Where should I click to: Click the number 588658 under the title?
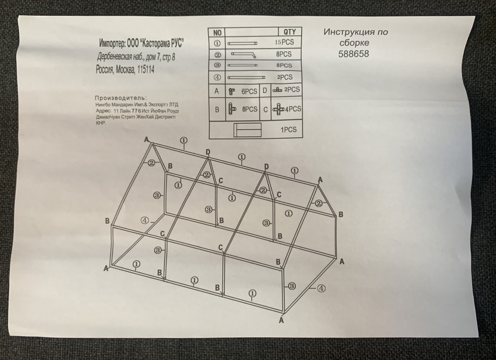(354, 54)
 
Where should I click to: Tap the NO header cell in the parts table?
(217, 32)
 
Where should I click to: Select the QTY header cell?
(289, 31)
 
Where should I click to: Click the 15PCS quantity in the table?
(284, 42)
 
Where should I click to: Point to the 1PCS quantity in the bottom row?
(289, 130)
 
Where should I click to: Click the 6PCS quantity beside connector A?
(249, 91)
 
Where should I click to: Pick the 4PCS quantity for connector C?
(293, 109)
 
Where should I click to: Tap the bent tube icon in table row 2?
(243, 55)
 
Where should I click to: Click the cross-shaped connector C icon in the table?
(278, 109)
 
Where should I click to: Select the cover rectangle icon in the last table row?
(248, 130)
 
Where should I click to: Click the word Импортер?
(112, 43)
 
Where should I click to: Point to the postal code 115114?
(146, 69)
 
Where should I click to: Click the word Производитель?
(121, 98)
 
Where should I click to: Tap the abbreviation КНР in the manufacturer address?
(100, 123)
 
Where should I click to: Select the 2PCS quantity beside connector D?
(292, 90)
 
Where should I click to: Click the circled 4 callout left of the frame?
(144, 220)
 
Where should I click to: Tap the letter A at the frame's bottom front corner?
(281, 320)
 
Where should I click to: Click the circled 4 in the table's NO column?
(217, 77)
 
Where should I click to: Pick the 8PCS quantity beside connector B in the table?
(250, 109)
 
